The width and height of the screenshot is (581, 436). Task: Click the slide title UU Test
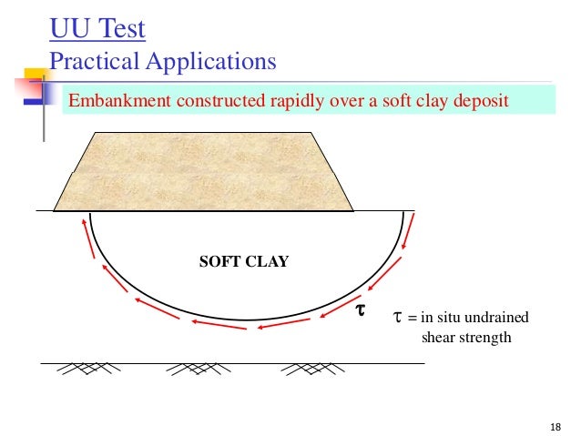click(97, 30)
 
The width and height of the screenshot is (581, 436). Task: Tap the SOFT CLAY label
click(243, 262)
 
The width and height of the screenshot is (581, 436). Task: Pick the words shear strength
click(466, 339)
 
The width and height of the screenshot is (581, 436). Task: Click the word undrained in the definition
click(491, 317)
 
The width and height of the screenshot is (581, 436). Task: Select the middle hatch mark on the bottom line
click(191, 369)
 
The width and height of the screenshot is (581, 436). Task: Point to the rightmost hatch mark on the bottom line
click(305, 369)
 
